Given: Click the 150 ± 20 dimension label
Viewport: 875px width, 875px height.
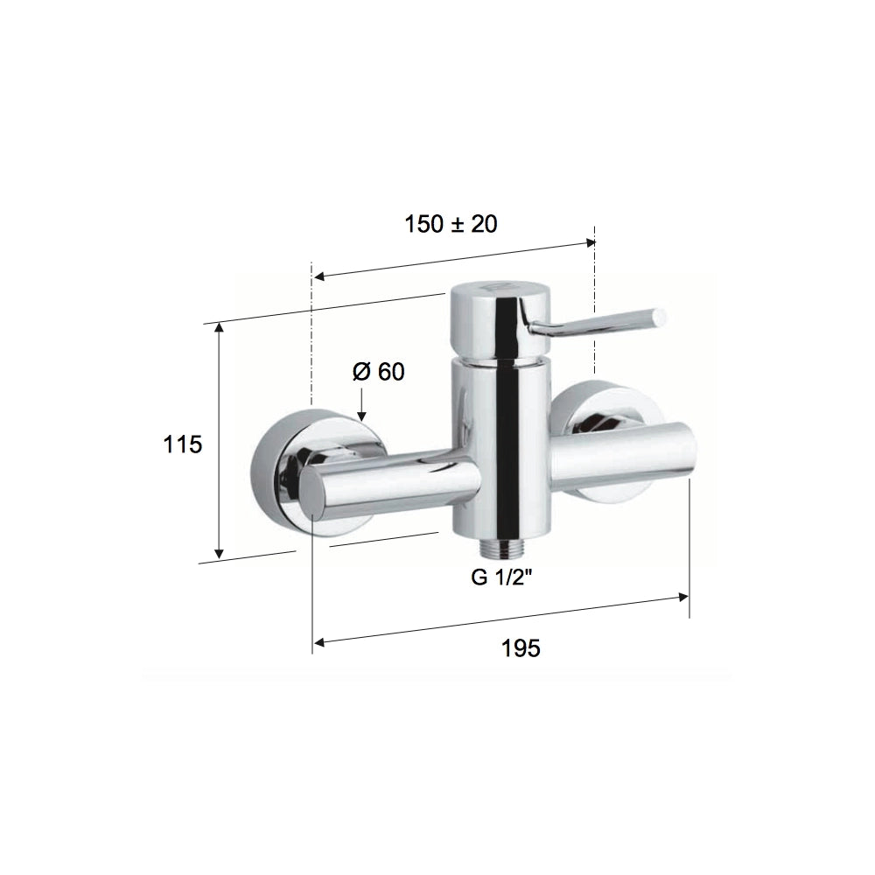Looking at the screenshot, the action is (x=451, y=224).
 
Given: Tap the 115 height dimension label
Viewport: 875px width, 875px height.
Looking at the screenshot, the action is (x=182, y=444).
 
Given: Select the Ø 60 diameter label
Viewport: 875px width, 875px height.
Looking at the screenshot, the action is (x=378, y=372).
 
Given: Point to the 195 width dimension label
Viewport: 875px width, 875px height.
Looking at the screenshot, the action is (x=521, y=648).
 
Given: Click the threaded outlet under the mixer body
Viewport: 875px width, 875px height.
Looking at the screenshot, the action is (x=502, y=548).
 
